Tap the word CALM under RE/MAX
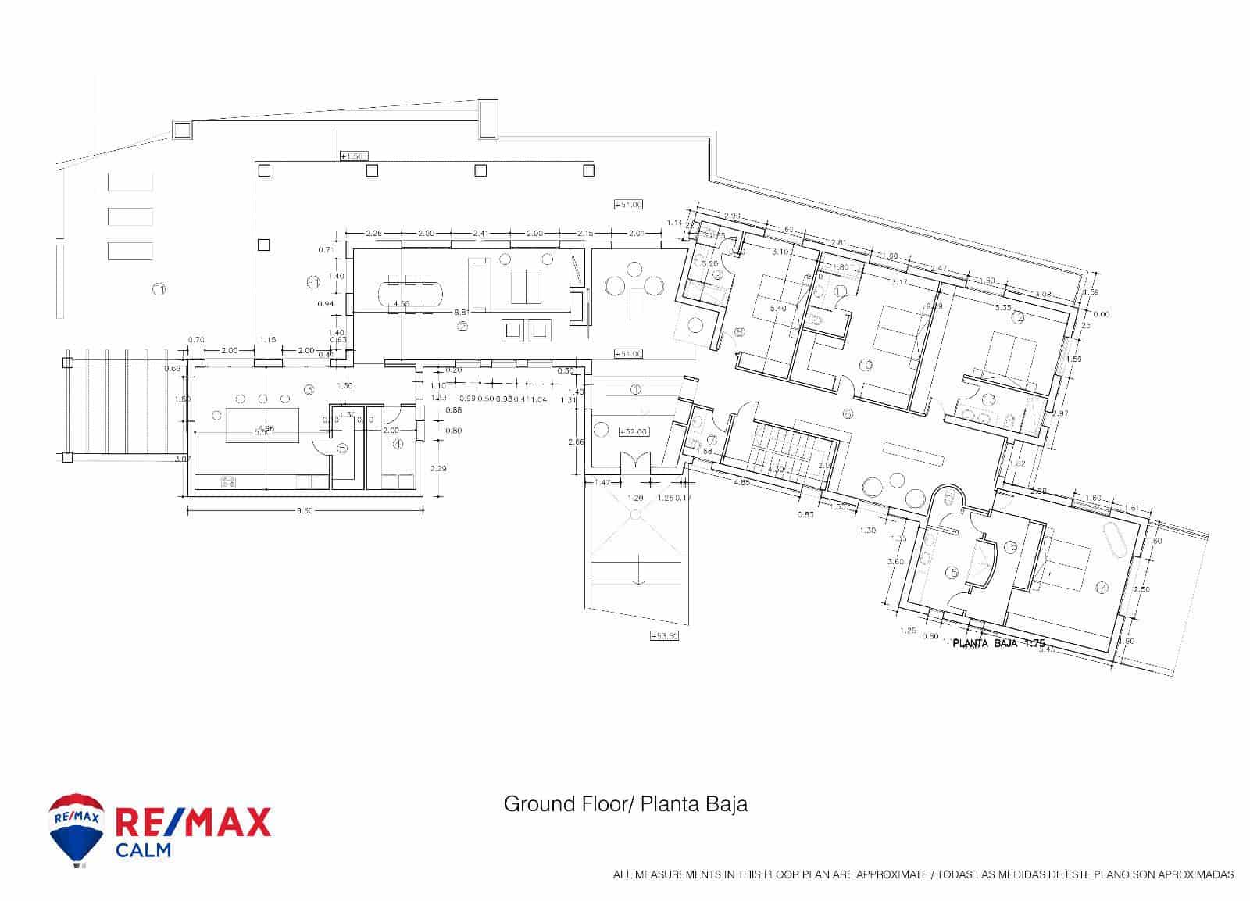[143, 850]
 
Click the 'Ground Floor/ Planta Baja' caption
[625, 804]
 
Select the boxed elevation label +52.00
[631, 431]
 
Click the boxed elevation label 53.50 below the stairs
[664, 636]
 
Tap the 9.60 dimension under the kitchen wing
[305, 511]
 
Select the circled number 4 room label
[398, 444]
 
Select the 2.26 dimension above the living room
[374, 233]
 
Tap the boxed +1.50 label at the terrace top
[353, 156]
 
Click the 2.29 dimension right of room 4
[438, 469]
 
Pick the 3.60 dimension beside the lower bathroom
[896, 561]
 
